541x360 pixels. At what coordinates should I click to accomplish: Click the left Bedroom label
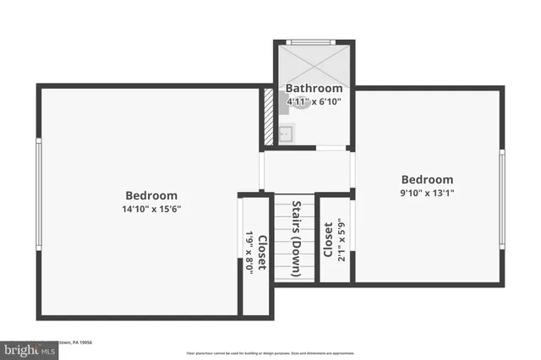coord(151,195)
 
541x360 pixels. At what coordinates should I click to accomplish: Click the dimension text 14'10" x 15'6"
coord(151,209)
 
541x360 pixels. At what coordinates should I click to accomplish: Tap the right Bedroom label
coord(426,179)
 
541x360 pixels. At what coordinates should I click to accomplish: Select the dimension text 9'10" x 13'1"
coord(426,193)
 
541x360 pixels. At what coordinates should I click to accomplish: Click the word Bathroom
coord(314,89)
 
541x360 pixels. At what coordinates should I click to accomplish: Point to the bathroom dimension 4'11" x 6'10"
coord(314,101)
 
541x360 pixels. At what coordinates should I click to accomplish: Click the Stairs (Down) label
coord(297,239)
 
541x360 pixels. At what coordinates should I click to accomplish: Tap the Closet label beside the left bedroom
coord(262,252)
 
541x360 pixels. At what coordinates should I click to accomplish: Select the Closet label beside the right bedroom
coord(328,240)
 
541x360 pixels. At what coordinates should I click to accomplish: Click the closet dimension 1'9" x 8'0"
coord(249,252)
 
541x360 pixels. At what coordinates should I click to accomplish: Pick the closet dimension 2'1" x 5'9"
coord(342,240)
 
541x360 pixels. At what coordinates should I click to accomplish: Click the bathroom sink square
coord(287,133)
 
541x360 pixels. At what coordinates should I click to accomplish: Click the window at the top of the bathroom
coord(314,42)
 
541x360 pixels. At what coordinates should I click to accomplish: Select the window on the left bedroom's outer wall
coord(38,194)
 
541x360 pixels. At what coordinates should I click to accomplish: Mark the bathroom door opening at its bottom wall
coord(331,148)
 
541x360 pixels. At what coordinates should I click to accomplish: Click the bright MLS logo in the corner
coord(25,347)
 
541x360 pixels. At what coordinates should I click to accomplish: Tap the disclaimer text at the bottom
coord(270,352)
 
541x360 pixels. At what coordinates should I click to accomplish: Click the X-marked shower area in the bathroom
coord(314,64)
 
